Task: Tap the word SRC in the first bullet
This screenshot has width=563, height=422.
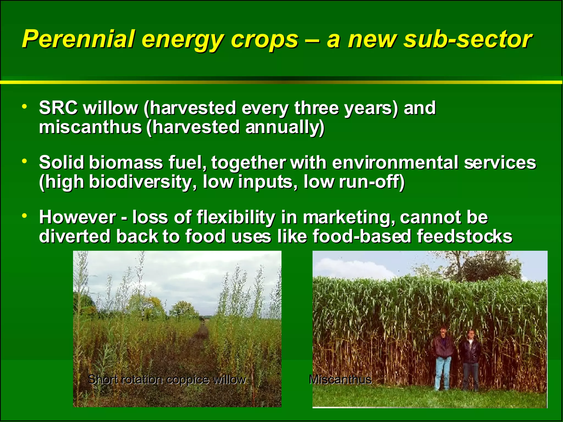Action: click(x=58, y=108)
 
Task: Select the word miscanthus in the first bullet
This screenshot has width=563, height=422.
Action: click(x=90, y=127)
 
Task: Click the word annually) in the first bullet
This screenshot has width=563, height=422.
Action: click(x=285, y=128)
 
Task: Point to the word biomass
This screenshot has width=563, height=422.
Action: click(x=126, y=163)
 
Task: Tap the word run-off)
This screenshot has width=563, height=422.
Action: click(x=372, y=182)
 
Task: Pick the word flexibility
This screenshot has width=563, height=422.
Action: click(x=236, y=217)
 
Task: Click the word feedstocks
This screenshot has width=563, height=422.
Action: click(x=464, y=237)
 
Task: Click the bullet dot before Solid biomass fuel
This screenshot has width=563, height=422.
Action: click(x=25, y=161)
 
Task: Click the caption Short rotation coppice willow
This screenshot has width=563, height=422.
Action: click(x=167, y=380)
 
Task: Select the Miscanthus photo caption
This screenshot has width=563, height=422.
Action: click(x=340, y=380)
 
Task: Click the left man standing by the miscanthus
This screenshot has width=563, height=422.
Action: click(x=443, y=354)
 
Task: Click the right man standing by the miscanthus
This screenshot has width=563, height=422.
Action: click(x=471, y=357)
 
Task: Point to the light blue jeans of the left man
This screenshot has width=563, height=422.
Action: click(x=443, y=374)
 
